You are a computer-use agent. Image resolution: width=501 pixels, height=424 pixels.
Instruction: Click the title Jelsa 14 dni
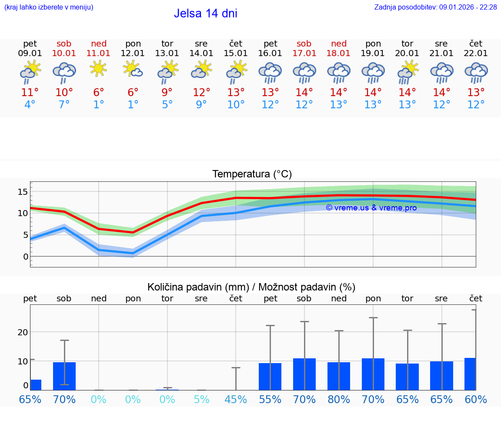(x=205, y=13)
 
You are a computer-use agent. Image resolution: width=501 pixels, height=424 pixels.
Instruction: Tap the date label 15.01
(x=236, y=53)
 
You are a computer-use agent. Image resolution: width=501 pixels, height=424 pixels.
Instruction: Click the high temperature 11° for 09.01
(x=30, y=93)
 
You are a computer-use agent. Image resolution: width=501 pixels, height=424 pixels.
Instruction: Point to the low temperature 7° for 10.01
(x=64, y=105)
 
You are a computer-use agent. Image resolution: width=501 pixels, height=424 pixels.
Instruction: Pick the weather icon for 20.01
(x=407, y=71)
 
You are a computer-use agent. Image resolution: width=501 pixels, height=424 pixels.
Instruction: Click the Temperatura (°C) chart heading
(x=252, y=174)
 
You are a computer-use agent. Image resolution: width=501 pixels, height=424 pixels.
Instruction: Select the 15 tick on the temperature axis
(x=23, y=191)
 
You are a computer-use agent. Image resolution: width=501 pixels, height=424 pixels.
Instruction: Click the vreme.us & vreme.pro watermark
(x=371, y=208)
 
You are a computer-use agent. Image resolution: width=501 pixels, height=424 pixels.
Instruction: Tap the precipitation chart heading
(x=251, y=287)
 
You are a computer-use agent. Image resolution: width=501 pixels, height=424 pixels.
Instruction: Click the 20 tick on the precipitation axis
(x=23, y=332)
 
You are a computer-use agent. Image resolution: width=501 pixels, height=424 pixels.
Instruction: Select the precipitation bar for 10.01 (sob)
(x=64, y=376)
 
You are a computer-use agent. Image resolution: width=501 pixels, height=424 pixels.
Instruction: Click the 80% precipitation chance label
(x=339, y=400)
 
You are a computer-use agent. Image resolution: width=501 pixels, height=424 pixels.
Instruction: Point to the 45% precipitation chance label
(x=236, y=400)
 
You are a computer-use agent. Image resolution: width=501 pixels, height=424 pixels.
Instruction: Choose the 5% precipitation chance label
(x=201, y=400)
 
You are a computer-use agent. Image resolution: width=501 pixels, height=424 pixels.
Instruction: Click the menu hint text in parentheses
(x=49, y=7)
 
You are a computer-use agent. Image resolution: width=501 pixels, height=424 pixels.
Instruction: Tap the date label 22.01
(x=476, y=53)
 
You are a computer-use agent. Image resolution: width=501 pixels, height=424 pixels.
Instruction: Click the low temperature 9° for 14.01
(x=201, y=105)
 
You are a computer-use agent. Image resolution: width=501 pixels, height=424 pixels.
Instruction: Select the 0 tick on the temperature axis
(x=25, y=257)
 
